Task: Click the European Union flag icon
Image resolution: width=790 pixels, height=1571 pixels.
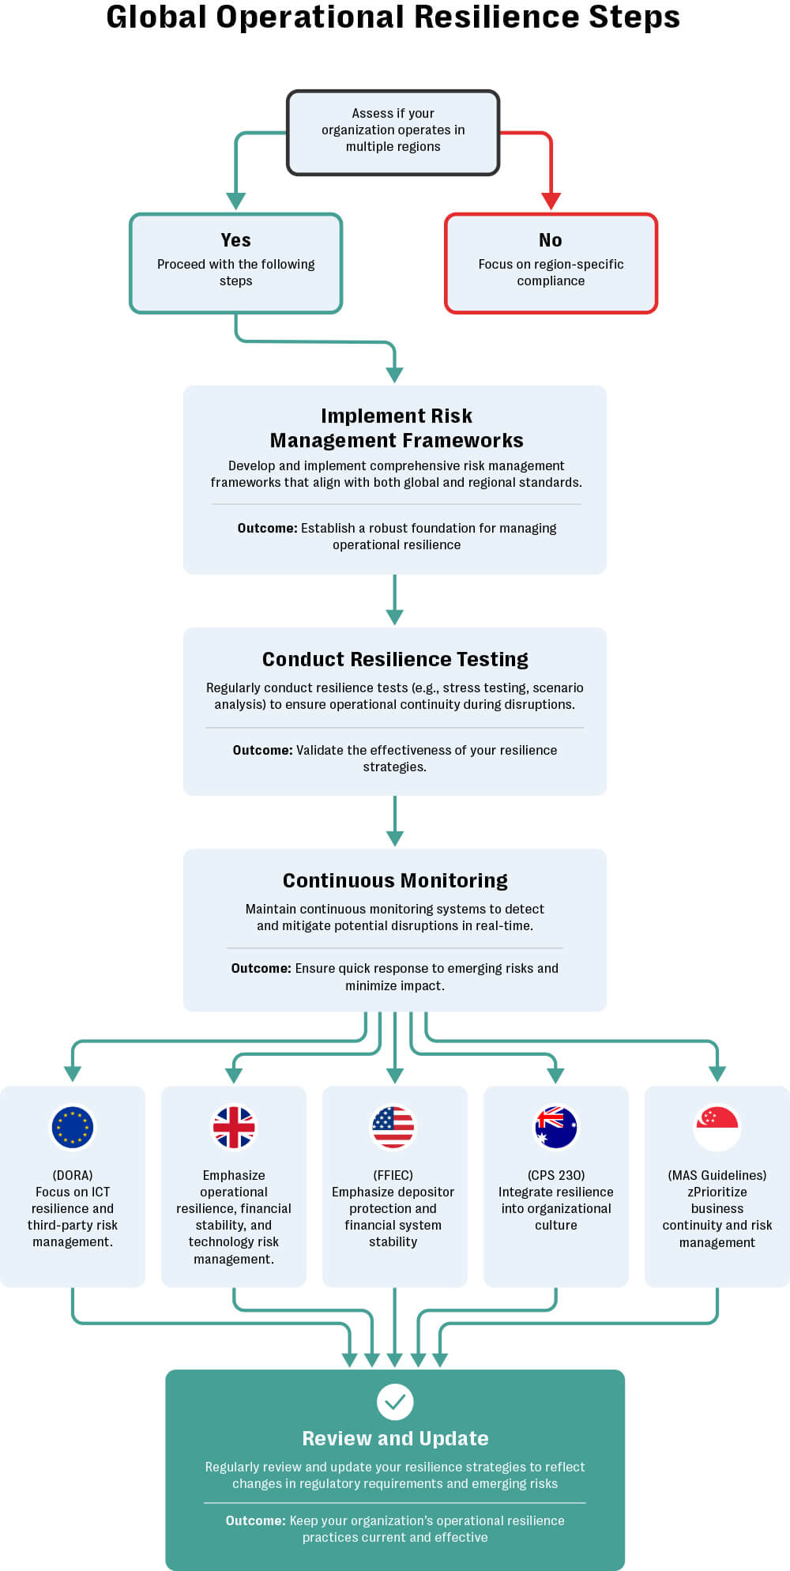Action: (73, 1127)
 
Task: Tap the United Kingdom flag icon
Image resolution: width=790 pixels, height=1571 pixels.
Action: (234, 1127)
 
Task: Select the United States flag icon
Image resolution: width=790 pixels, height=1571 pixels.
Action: (393, 1127)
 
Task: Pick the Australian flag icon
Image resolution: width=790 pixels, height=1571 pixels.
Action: (556, 1127)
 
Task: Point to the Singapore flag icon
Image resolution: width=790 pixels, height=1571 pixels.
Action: (717, 1127)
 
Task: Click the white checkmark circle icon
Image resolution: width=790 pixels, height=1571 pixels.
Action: (395, 1402)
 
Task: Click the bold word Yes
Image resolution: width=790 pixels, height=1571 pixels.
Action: (235, 240)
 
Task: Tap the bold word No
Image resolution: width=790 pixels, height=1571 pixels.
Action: (551, 240)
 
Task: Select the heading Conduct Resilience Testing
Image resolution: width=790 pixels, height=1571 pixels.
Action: (395, 659)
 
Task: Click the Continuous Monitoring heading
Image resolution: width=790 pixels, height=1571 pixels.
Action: (395, 880)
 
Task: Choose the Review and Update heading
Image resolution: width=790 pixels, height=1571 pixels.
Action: (395, 1438)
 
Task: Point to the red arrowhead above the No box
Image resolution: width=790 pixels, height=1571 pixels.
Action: (551, 201)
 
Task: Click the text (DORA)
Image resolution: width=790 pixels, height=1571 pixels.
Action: (73, 1175)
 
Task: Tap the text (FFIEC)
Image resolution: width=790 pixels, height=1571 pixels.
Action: (393, 1175)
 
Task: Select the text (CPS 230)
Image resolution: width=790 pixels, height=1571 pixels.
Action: (556, 1175)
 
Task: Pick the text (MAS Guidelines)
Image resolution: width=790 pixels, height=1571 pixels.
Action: (717, 1175)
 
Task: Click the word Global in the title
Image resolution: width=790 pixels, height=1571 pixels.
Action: (156, 17)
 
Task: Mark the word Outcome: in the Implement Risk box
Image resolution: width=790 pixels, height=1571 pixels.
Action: (267, 528)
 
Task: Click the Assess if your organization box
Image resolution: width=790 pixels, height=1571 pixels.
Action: (393, 132)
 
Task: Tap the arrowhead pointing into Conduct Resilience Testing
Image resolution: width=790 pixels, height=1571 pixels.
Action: (395, 616)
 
